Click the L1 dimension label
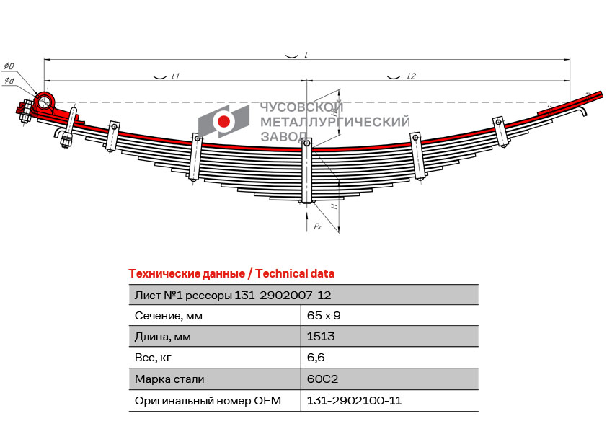[175, 76]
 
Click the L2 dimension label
[411, 76]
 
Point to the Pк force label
[317, 226]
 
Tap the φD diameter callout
[9, 66]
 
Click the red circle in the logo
[223, 121]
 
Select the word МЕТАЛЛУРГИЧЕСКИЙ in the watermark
[334, 122]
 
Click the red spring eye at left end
[44, 102]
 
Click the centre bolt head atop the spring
[306, 143]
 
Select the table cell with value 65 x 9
[324, 316]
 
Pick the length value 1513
[321, 337]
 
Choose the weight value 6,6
[316, 358]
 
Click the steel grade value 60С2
[322, 379]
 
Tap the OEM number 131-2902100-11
[354, 400]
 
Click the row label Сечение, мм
[169, 316]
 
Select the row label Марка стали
[169, 379]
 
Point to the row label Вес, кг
[153, 358]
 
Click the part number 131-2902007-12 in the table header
[283, 296]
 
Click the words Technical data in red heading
[295, 274]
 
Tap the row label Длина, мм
[163, 337]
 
